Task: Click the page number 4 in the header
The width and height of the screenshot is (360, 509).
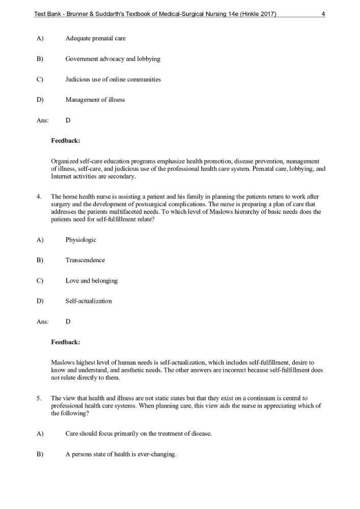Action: point(323,14)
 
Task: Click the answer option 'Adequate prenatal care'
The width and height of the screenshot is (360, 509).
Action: point(95,39)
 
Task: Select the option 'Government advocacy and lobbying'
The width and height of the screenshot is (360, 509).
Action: point(113,59)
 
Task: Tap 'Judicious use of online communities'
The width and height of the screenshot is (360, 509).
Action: point(113,79)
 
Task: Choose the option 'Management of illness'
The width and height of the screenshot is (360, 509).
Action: point(95,100)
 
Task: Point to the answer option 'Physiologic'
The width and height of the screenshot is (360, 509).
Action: point(80,240)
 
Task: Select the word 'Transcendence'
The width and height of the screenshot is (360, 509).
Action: point(85,260)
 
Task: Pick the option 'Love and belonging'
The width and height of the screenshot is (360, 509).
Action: point(92,280)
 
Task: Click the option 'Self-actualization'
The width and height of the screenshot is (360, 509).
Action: point(88,301)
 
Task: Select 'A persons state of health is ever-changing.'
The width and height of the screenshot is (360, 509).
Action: point(121,454)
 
